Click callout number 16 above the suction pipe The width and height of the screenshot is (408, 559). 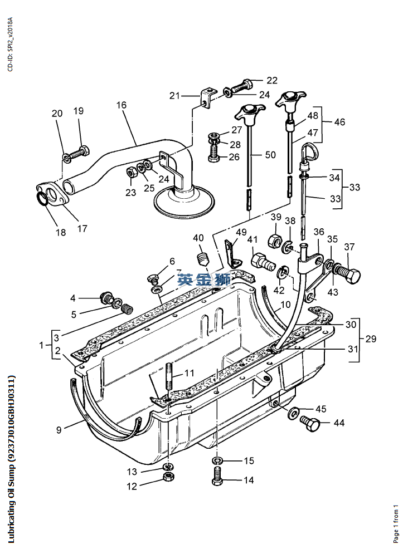click(122, 105)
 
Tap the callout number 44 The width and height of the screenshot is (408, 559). click(339, 423)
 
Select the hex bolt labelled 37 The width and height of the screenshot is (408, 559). click(349, 274)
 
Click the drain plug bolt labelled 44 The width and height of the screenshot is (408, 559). click(310, 424)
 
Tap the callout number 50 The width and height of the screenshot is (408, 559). click(270, 155)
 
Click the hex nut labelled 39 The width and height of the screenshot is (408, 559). click(276, 241)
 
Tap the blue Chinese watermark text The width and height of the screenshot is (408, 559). click(204, 279)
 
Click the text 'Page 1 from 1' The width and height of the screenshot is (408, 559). click(396, 523)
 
